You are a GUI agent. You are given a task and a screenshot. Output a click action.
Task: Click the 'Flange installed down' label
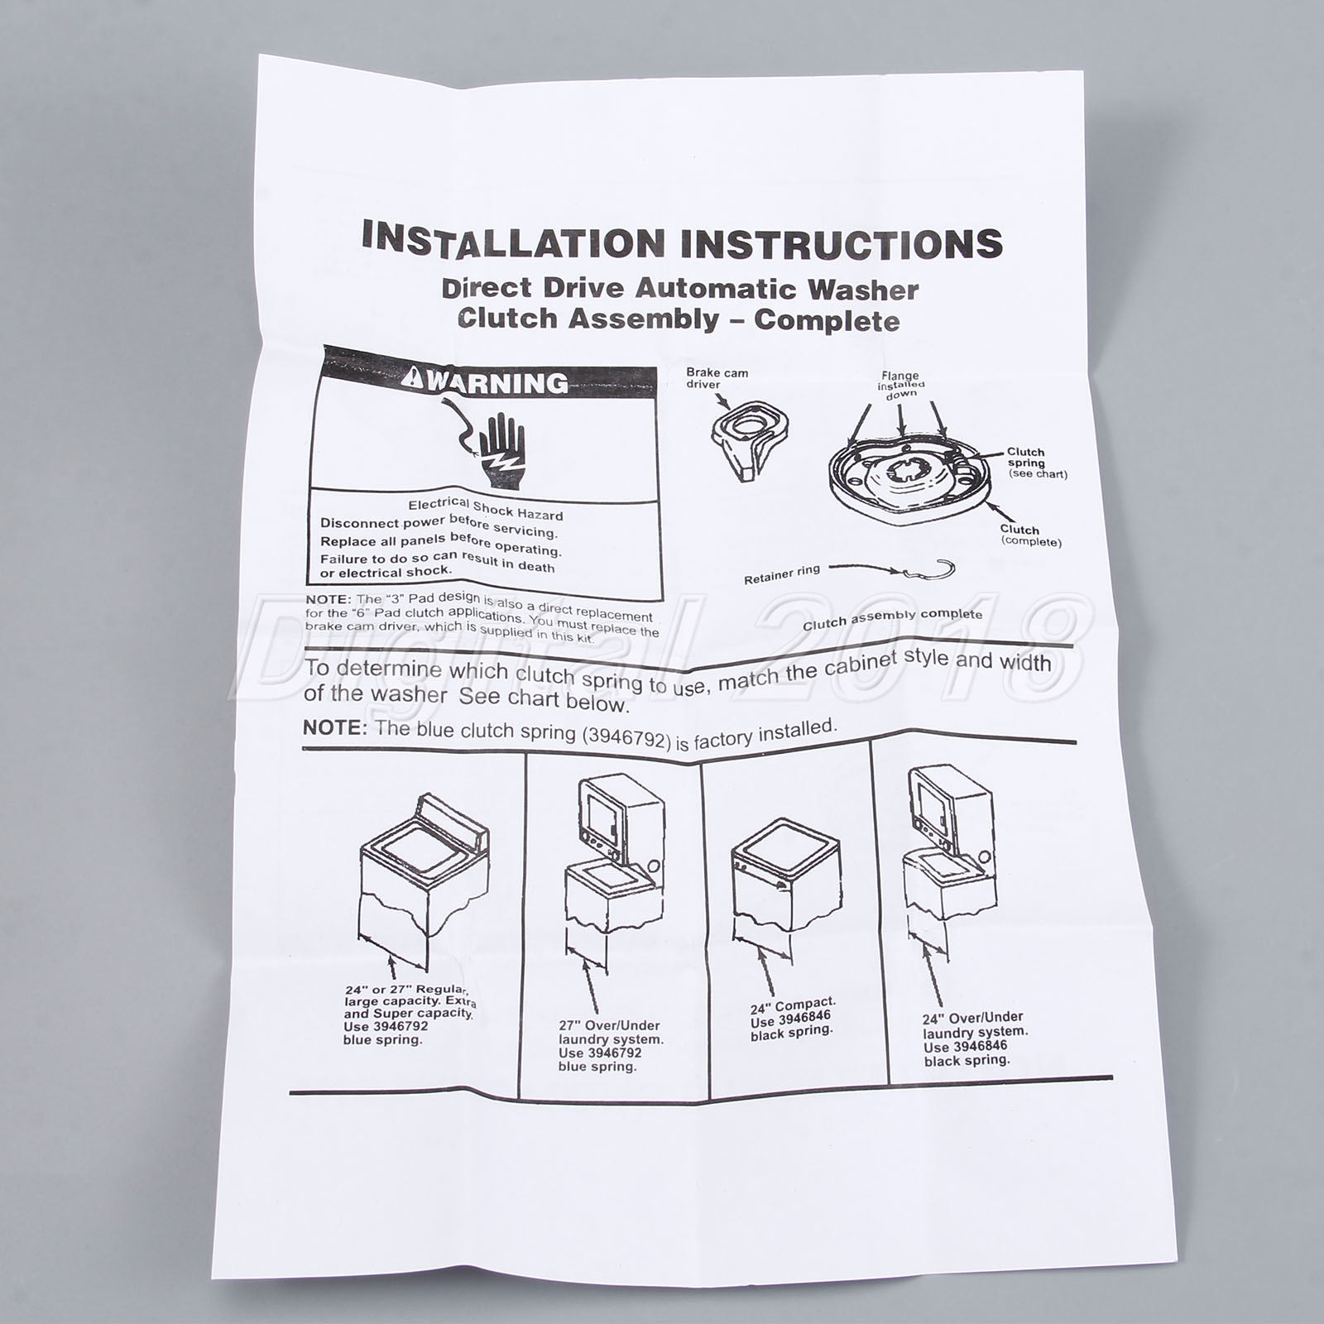point(900,385)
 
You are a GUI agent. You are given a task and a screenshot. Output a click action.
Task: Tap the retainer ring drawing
point(930,570)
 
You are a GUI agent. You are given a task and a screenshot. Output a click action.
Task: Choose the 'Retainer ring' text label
point(782,574)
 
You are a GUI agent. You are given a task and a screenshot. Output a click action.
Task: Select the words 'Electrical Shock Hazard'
point(486,509)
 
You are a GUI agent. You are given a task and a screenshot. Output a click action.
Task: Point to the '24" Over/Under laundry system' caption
point(975,1024)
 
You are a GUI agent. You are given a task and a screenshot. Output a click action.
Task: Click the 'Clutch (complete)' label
point(1030,535)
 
